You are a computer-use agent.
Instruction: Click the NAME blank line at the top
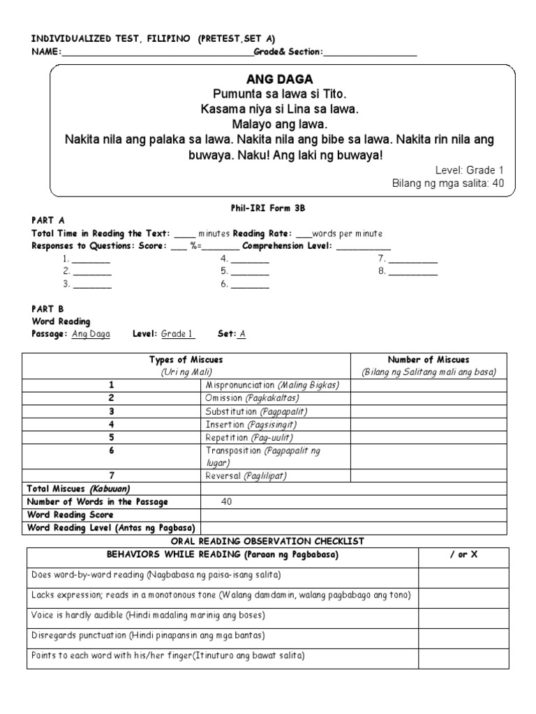pyautogui.click(x=157, y=52)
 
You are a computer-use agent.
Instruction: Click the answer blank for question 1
pyautogui.click(x=91, y=259)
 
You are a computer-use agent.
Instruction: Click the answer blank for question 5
pyautogui.click(x=250, y=271)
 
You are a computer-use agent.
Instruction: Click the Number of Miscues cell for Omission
pyautogui.click(x=429, y=398)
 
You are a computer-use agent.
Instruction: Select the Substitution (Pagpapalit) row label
pyautogui.click(x=256, y=411)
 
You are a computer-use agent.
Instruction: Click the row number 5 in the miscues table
pyautogui.click(x=111, y=437)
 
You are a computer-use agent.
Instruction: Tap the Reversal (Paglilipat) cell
pyautogui.click(x=246, y=476)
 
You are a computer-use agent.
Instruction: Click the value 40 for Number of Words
pyautogui.click(x=226, y=501)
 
